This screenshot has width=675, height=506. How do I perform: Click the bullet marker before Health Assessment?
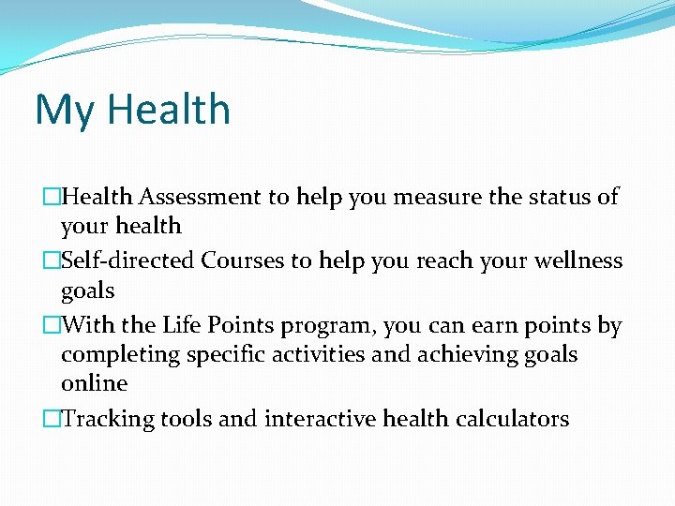[52, 196]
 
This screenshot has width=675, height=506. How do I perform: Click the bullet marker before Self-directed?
[52, 260]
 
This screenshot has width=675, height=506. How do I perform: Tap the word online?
[94, 383]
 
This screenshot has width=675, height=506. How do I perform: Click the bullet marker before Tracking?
[52, 419]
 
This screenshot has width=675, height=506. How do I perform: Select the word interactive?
[320, 419]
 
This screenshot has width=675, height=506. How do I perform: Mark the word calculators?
[512, 419]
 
